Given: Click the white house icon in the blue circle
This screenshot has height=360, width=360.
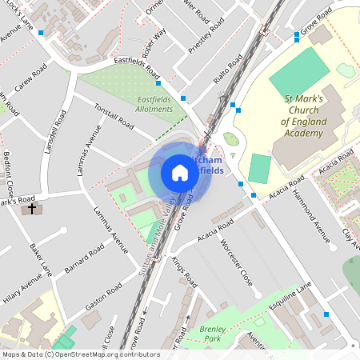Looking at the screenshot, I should pyautogui.click(x=179, y=172).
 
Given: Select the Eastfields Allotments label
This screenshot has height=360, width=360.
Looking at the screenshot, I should pyautogui.click(x=154, y=104).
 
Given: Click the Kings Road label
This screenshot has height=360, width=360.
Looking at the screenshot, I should pyautogui.click(x=184, y=273).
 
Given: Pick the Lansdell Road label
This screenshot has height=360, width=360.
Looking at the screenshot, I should pyautogui.click(x=56, y=131).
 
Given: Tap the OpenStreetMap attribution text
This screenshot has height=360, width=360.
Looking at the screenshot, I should pyautogui.click(x=71, y=354).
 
